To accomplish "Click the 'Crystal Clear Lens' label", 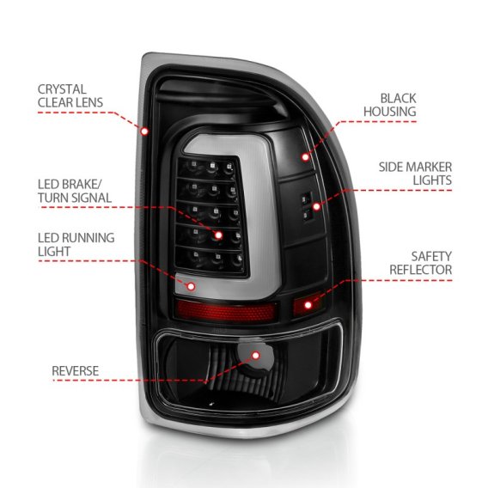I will pos(70,95).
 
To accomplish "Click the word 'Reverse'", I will pos(76,371).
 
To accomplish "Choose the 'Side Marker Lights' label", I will pos(417,174).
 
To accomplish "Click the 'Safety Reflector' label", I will pos(419,262).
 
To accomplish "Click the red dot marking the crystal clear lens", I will pos(144,131).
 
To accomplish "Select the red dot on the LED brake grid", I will pos(218,235).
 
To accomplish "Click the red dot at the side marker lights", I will pos(341,205).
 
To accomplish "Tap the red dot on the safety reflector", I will pos(310,301).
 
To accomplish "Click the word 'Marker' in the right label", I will pos(430,166).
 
